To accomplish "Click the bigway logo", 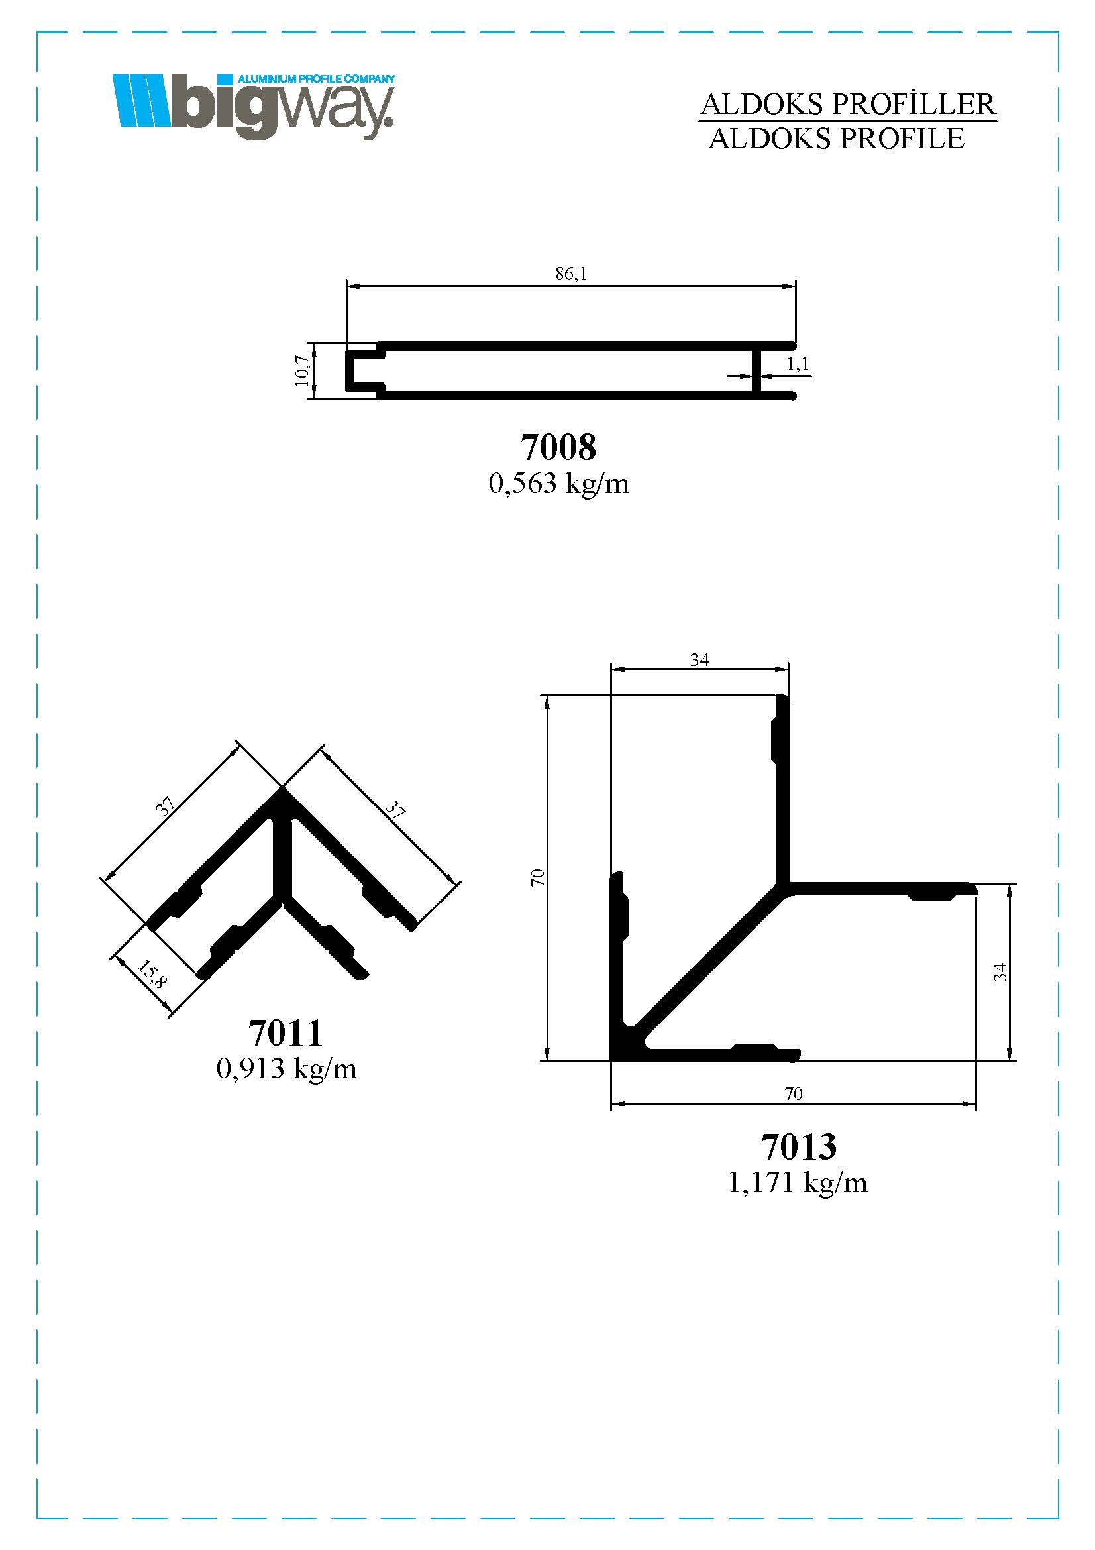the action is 254,107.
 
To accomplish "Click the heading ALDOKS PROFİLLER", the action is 847,105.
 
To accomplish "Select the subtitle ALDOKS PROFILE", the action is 837,138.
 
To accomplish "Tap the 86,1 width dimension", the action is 571,274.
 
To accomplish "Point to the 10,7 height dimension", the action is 301,370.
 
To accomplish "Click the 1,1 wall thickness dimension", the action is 798,364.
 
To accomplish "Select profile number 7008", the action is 558,447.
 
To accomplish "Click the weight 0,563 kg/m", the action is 558,483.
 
